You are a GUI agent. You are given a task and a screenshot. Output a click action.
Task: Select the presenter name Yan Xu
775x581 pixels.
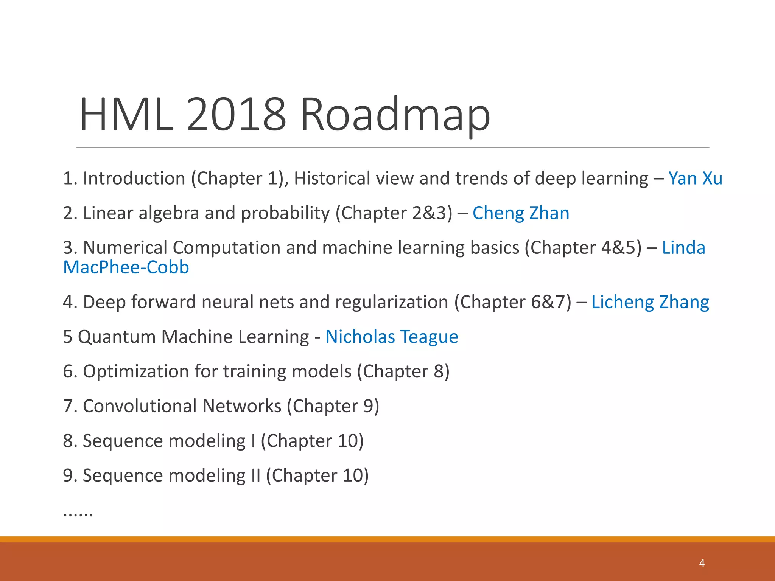pos(695,179)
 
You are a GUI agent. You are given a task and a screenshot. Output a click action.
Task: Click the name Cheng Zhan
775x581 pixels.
pos(521,213)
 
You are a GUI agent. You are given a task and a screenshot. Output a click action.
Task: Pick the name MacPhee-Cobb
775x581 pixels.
pos(126,267)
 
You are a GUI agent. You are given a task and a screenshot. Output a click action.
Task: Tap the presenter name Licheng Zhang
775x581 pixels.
pos(650,302)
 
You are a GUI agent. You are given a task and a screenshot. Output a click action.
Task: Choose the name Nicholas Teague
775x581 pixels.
pos(392,337)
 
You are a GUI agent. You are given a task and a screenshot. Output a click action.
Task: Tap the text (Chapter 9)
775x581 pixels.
pos(333,406)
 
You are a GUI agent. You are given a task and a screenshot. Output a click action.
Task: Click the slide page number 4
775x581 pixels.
pos(702,563)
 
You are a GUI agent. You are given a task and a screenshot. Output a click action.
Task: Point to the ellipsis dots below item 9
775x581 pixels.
pos(78,514)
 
